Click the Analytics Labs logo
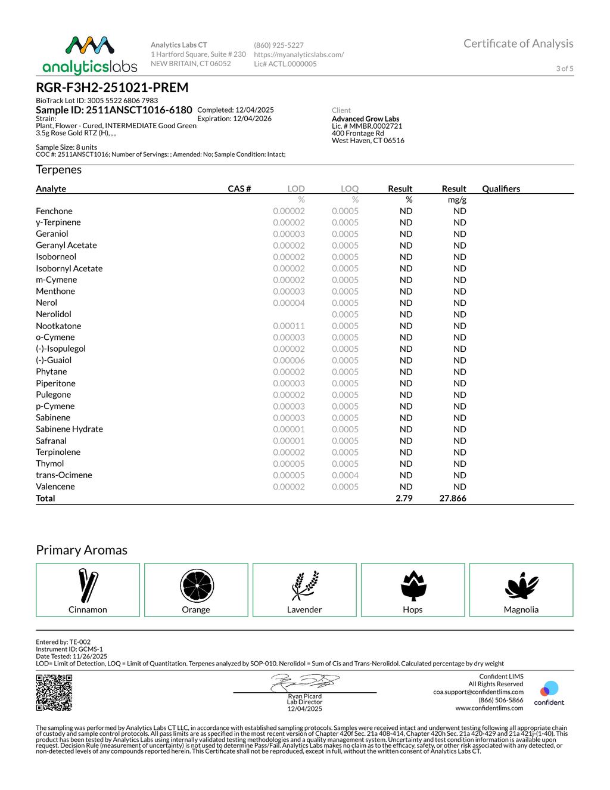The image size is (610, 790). tap(90, 55)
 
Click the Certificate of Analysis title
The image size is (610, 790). tap(518, 44)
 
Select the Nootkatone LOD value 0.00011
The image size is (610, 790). tap(289, 326)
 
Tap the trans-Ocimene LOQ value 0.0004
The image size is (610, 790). tap(345, 475)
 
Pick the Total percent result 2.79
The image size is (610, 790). tap(404, 498)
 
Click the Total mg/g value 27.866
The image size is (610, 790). tap(453, 498)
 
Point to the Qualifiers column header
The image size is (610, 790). tap(501, 189)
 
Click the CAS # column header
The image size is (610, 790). tap(239, 189)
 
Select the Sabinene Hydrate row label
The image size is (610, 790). tap(69, 429)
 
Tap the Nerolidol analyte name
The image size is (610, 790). tap(54, 314)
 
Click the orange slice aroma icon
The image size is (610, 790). tap(196, 585)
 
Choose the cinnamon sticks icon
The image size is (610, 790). tap(88, 585)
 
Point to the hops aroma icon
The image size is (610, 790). tap(413, 585)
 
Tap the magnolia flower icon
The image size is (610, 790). tap(521, 585)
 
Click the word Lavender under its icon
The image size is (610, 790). tap(304, 610)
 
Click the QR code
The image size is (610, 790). tap(54, 692)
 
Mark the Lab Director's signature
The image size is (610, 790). tap(304, 683)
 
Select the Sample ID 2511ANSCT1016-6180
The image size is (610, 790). tap(114, 110)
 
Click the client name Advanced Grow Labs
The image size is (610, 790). tap(365, 119)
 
